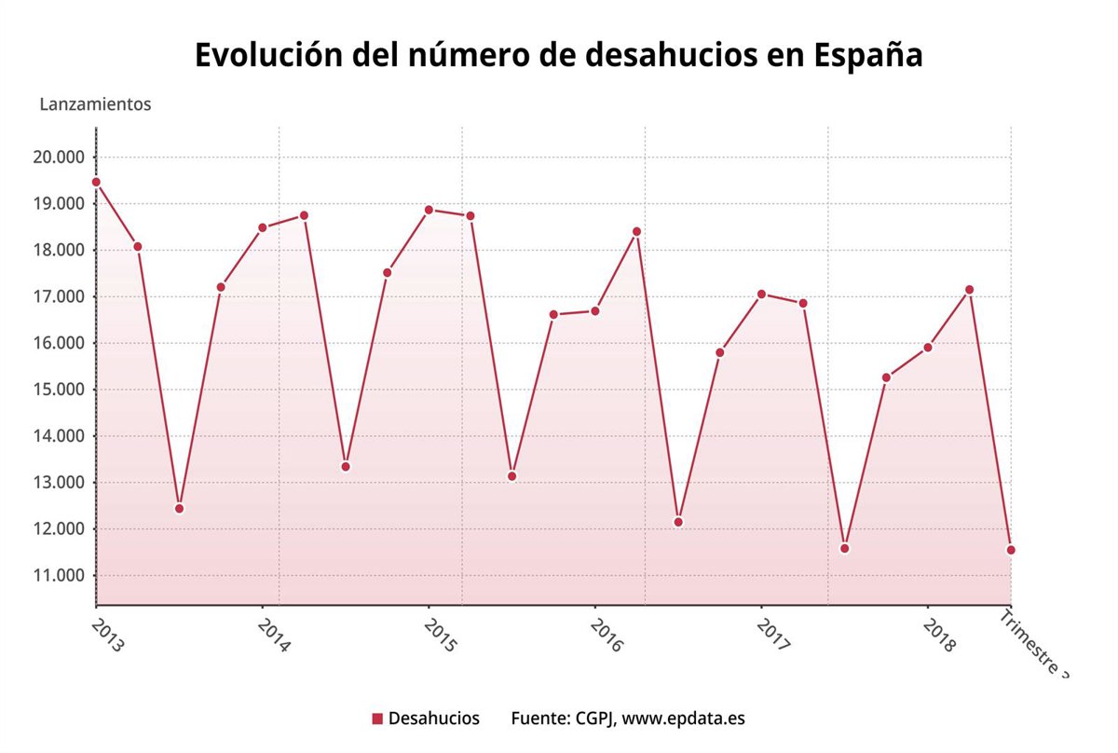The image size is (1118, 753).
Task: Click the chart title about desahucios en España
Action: [x=559, y=55]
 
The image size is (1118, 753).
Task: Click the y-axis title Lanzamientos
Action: [x=95, y=104]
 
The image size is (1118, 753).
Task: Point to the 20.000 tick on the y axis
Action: [x=59, y=157]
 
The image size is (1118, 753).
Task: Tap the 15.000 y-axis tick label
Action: [x=59, y=390]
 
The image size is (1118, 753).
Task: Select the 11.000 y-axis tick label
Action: [x=59, y=575]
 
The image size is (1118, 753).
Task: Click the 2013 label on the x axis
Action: [x=108, y=633]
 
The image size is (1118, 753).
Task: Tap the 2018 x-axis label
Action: [x=939, y=633]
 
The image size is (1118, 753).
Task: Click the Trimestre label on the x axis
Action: [x=1034, y=644]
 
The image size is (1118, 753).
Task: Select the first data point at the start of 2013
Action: [x=96, y=183]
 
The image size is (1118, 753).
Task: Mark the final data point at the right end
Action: [x=1011, y=550]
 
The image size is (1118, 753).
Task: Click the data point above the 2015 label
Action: [x=429, y=210]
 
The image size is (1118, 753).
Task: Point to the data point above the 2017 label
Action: [x=761, y=294]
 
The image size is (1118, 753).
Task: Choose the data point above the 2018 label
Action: [x=928, y=348]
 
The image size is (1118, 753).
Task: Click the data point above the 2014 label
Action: [x=263, y=227]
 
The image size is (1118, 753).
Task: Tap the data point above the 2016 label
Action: [x=595, y=311]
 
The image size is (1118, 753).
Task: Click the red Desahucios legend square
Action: [x=377, y=719]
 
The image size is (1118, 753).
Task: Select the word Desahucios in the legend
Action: [x=433, y=719]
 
